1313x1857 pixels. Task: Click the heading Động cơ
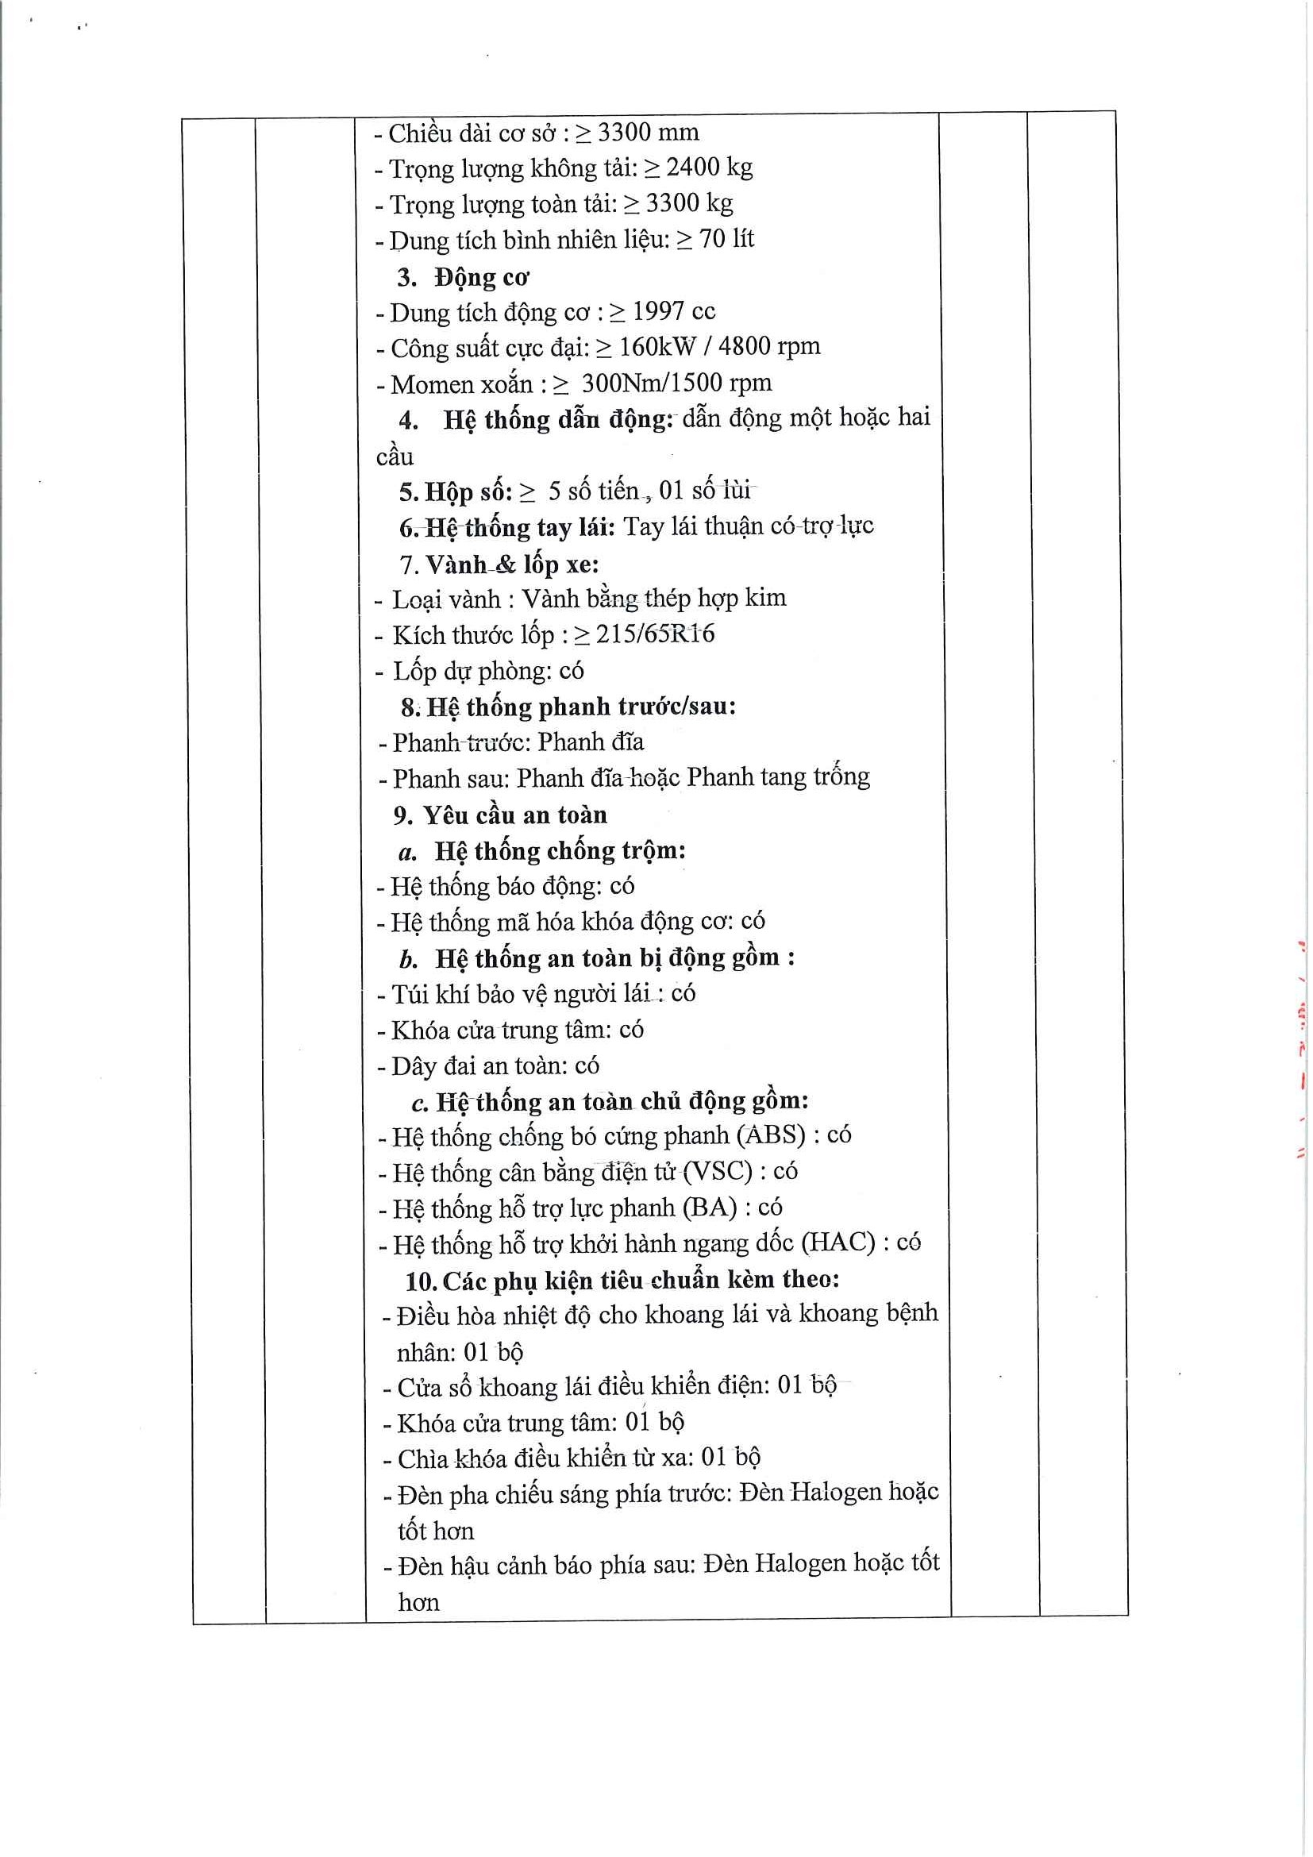[482, 277]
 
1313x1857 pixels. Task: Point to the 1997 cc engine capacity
[673, 311]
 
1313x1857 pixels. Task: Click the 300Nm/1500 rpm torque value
[676, 383]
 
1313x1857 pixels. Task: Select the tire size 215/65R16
[655, 634]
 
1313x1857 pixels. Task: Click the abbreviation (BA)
[710, 1208]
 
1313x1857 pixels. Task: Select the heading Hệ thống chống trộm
[560, 851]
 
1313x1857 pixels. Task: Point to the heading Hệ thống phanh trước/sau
[580, 707]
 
